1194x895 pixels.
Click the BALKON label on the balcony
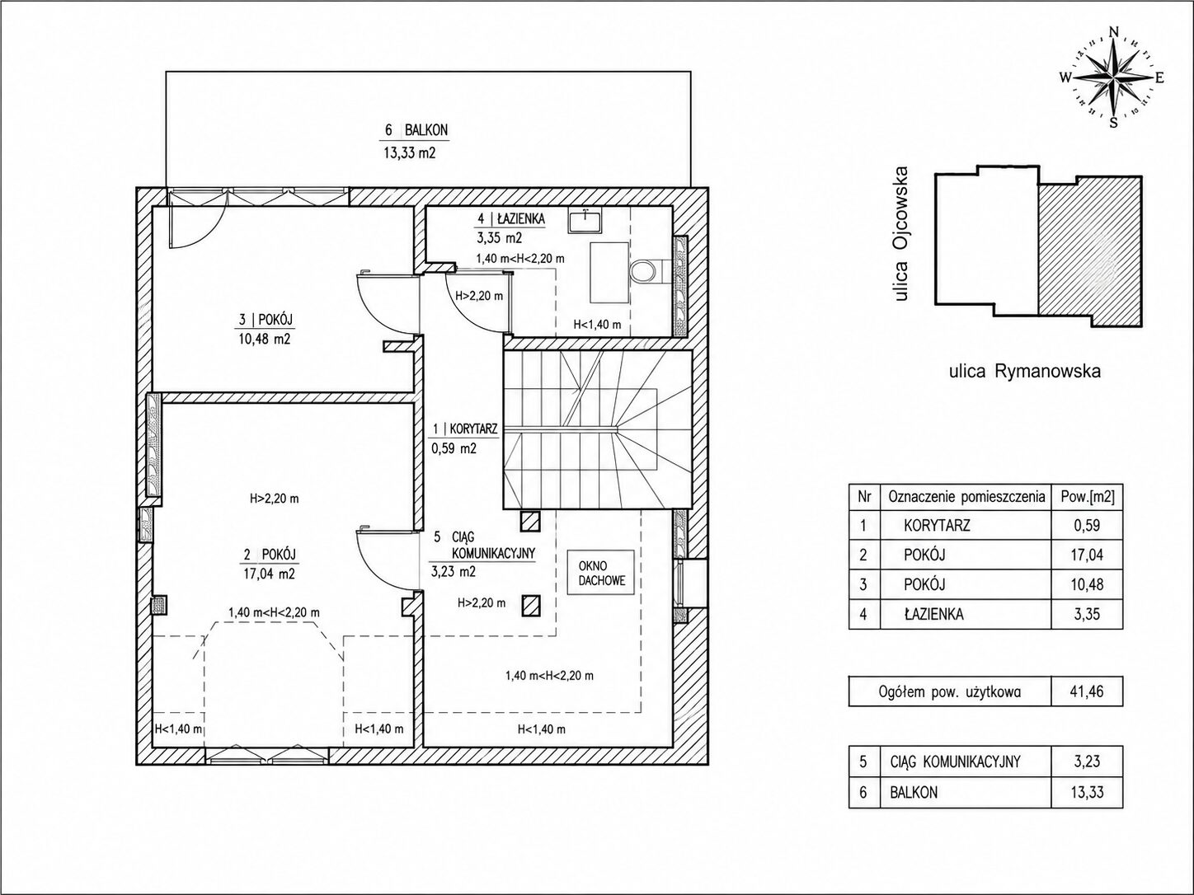(425, 130)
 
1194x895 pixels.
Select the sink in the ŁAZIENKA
(585, 220)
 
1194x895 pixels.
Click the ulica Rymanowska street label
(1025, 372)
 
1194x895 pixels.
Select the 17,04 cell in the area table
(1087, 555)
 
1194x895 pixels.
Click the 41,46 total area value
(1087, 691)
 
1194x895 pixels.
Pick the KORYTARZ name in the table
(937, 526)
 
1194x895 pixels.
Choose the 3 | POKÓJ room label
(266, 319)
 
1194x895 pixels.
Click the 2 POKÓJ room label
(270, 555)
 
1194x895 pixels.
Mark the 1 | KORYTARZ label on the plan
(465, 429)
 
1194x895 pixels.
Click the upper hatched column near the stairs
(530, 521)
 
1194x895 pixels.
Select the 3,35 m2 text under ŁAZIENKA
(499, 237)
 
